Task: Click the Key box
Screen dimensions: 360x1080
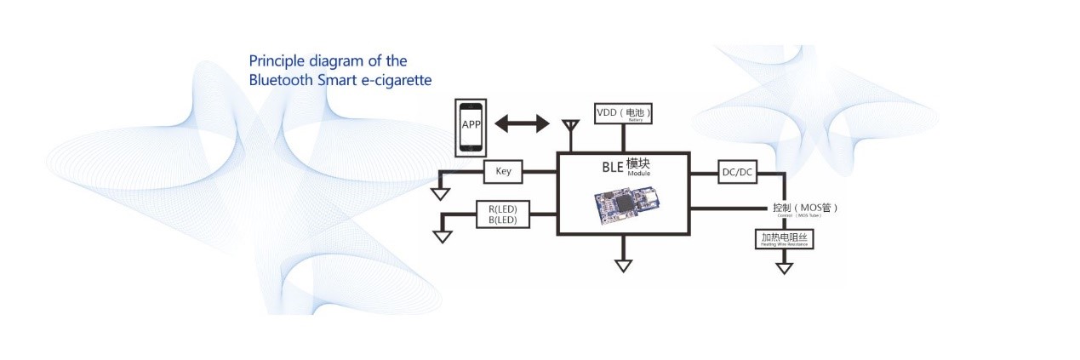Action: tap(502, 171)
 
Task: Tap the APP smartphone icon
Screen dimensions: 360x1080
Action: tap(471, 126)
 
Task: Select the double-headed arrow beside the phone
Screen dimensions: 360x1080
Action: tap(523, 124)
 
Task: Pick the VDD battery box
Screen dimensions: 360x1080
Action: tap(628, 113)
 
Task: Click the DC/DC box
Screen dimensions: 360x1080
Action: tap(737, 172)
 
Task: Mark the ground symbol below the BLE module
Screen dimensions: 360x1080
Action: tap(624, 265)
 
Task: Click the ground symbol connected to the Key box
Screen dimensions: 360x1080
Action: tap(440, 193)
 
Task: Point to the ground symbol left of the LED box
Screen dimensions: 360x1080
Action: tap(442, 235)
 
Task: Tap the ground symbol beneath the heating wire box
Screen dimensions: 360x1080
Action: tap(784, 268)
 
